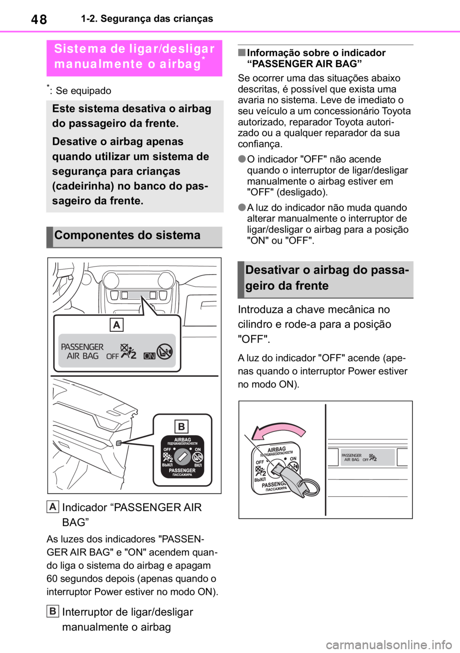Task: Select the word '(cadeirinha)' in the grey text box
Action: [x=83, y=186]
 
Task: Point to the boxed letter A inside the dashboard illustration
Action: [x=116, y=325]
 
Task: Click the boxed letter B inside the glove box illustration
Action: [x=182, y=426]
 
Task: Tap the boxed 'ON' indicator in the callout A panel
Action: [x=149, y=356]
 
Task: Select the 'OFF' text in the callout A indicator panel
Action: [x=113, y=356]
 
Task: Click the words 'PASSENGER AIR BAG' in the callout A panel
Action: [x=82, y=351]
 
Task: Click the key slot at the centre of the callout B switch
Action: [x=182, y=457]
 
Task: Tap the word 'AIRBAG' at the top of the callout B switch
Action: [x=182, y=440]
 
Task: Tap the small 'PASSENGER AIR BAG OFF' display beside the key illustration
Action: [x=367, y=457]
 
